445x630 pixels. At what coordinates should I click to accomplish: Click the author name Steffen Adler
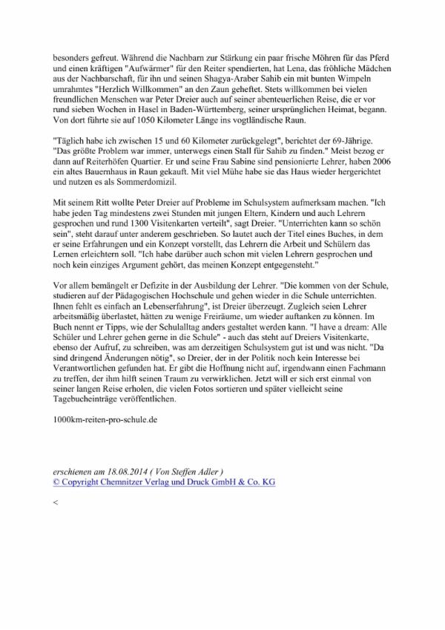coord(201,470)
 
